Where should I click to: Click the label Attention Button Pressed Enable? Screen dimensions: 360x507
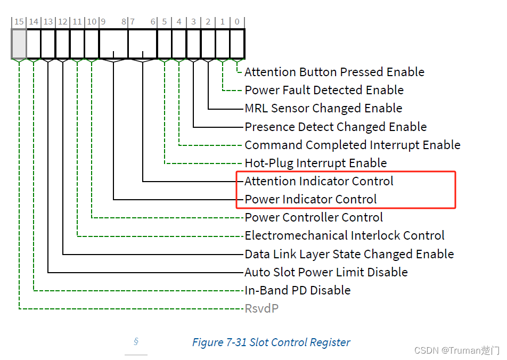pyautogui.click(x=334, y=72)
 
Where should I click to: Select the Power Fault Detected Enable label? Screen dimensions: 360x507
pyautogui.click(x=324, y=90)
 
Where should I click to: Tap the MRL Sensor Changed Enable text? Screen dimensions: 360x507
pyautogui.click(x=323, y=108)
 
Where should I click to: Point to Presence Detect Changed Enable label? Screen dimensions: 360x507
pyautogui.click(x=336, y=127)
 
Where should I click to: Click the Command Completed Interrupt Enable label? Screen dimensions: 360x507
pyautogui.click(x=352, y=145)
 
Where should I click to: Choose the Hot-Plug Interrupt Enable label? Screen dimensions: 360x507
pyautogui.click(x=315, y=163)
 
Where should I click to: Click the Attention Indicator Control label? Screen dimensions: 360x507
pyautogui.click(x=318, y=181)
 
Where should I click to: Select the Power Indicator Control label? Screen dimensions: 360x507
pyautogui.click(x=310, y=199)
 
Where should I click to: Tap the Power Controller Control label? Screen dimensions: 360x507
pyautogui.click(x=314, y=217)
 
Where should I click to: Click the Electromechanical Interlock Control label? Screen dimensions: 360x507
pyautogui.click(x=344, y=235)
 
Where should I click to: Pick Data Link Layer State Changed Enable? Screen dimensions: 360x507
pyautogui.click(x=349, y=254)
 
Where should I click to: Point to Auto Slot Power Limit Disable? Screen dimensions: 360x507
pyautogui.click(x=326, y=272)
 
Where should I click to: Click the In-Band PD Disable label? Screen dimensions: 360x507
pyautogui.click(x=297, y=290)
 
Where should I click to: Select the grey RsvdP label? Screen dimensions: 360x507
pyautogui.click(x=261, y=308)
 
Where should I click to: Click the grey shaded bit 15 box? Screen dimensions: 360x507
pyautogui.click(x=19, y=44)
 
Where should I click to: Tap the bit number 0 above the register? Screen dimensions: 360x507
pyautogui.click(x=237, y=22)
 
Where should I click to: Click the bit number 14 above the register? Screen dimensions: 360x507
pyautogui.click(x=34, y=22)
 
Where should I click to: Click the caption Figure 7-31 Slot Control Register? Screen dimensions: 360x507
pyautogui.click(x=271, y=342)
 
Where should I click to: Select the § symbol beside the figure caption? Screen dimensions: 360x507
pyautogui.click(x=136, y=341)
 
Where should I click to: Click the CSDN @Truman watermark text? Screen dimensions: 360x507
pyautogui.click(x=456, y=350)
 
